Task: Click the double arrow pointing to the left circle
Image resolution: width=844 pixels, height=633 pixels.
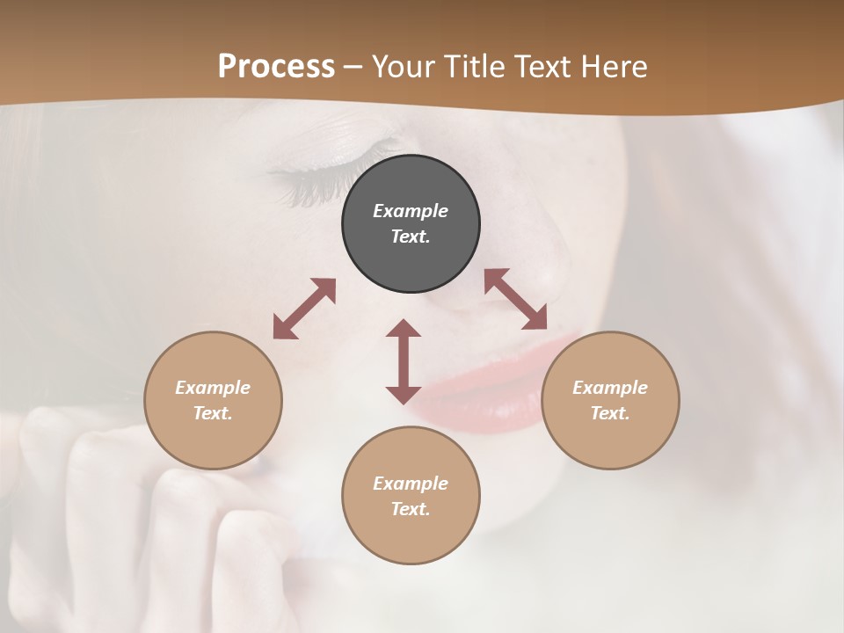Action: coord(304,309)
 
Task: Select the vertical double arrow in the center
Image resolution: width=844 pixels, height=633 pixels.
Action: coord(404,361)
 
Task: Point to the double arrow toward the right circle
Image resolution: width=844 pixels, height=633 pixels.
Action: coord(516,299)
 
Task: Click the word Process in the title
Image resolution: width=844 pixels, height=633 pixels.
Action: coord(276,66)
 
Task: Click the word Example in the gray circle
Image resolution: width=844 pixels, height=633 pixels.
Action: coord(411,211)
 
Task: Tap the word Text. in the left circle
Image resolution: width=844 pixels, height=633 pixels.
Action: coord(213,413)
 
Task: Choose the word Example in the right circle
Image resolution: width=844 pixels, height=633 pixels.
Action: coord(610,388)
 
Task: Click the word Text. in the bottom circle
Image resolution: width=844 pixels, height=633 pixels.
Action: coord(411,509)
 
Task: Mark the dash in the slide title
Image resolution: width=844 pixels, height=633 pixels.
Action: coord(353,66)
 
